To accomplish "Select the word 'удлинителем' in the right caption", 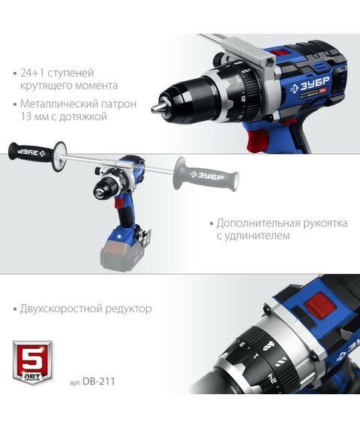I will click(x=259, y=236).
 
